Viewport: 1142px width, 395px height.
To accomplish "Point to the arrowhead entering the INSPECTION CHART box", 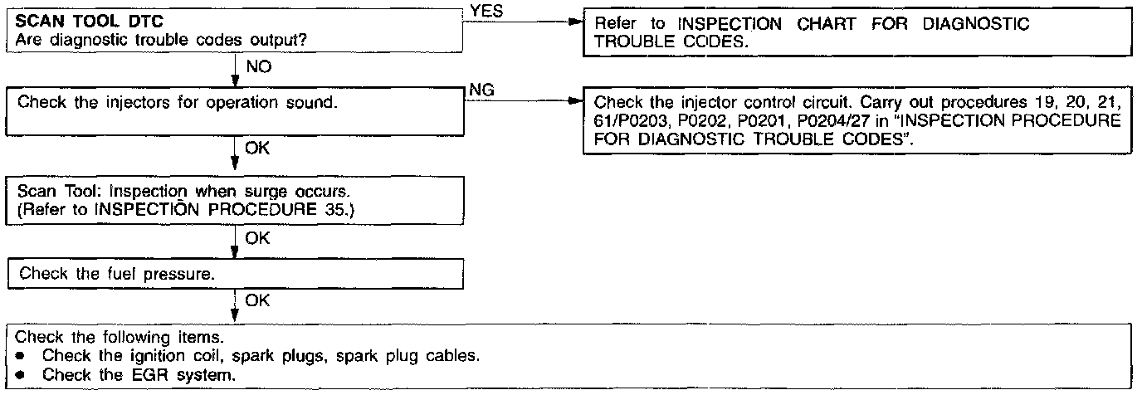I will [x=577, y=23].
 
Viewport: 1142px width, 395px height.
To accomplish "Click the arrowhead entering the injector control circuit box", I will [x=577, y=103].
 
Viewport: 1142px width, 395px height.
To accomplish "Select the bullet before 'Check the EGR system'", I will [x=22, y=375].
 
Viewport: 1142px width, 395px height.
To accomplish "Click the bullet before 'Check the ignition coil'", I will [x=22, y=357].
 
